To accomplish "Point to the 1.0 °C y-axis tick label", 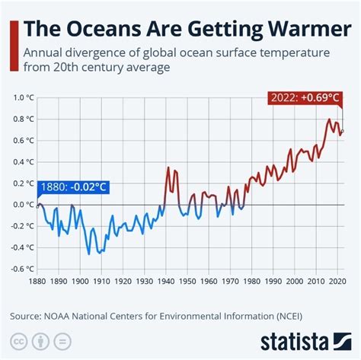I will click(x=23, y=97).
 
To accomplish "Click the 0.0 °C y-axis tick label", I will click(x=23, y=204).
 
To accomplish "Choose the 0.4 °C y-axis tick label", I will click(x=23, y=161).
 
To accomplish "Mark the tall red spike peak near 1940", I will click(x=168, y=167).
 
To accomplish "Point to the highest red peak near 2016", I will click(x=329, y=119).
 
